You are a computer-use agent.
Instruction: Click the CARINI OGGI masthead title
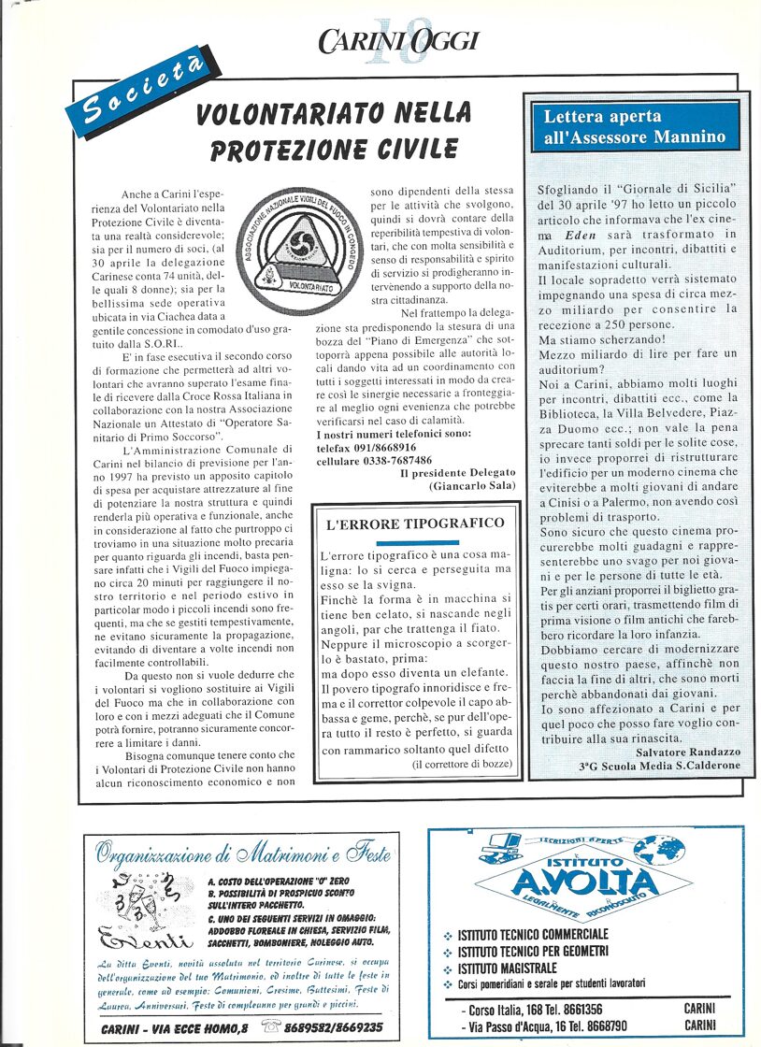coord(398,40)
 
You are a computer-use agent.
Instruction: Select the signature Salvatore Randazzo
coord(687,751)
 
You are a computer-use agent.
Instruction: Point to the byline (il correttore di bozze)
coord(462,765)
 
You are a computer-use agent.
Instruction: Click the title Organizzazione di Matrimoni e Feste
coord(244,853)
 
